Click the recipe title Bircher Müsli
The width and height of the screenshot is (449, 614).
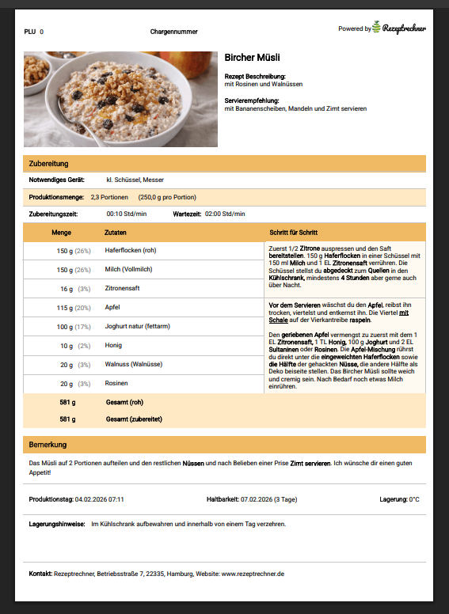(252, 58)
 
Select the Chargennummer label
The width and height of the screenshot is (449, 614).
(173, 32)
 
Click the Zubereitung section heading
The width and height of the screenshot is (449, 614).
(48, 164)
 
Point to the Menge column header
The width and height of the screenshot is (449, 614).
(62, 233)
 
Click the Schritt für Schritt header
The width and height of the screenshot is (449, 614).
(294, 233)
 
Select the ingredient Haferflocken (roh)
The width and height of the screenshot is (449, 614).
(131, 251)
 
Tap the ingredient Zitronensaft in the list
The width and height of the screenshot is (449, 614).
(123, 289)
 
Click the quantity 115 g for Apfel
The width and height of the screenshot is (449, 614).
(65, 308)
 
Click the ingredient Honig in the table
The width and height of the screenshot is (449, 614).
(113, 346)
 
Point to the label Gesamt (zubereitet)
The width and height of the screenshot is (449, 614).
(130, 419)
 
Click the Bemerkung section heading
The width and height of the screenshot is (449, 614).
(48, 445)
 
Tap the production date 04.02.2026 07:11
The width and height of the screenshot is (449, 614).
(99, 500)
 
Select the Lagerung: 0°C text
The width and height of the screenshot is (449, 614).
(401, 500)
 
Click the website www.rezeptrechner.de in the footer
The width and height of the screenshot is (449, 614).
(253, 574)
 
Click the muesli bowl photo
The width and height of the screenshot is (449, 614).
(120, 99)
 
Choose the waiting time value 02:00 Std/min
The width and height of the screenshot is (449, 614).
(225, 214)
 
